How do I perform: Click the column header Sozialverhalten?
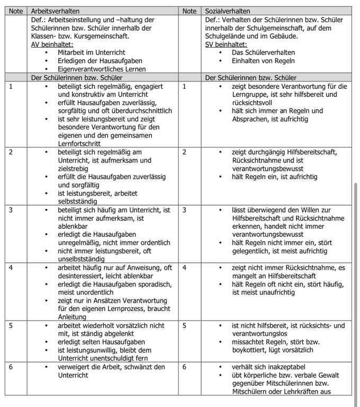click(228, 11)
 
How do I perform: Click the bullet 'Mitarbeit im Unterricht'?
click(93, 52)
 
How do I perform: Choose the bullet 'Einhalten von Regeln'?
click(264, 61)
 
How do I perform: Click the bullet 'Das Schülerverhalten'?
click(263, 52)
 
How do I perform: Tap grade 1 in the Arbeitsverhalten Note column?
click(11, 86)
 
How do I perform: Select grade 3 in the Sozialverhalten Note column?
click(184, 210)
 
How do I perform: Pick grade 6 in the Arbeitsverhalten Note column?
click(11, 367)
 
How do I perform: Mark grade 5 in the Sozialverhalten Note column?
click(184, 325)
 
